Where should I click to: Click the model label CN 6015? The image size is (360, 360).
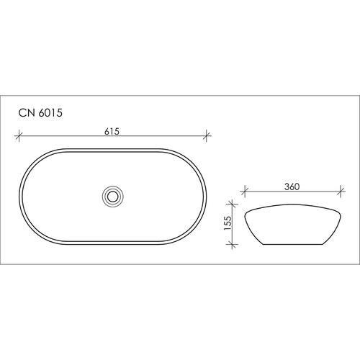40,113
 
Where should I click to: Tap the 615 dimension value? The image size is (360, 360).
112,132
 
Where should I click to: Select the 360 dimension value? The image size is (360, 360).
292,186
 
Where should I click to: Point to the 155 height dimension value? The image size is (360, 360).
228,223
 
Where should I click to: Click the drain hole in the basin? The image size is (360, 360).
112,197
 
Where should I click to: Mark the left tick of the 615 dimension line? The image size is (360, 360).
19,136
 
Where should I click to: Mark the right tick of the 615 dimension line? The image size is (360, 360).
207,136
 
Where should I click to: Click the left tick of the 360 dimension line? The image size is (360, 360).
245,192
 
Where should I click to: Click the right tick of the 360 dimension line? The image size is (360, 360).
341,192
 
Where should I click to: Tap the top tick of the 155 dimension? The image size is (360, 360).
232,204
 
